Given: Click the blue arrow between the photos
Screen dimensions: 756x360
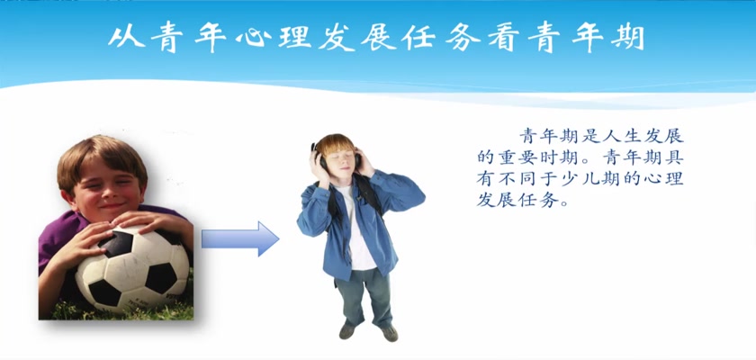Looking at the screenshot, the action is pos(240,238).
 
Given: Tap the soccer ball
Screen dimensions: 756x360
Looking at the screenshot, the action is pos(132,269).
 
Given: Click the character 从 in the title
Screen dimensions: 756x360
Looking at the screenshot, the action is pos(126,37).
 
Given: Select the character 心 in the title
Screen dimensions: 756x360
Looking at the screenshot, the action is pos(252,38).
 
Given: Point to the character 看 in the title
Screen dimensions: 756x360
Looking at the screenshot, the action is pos(504,38).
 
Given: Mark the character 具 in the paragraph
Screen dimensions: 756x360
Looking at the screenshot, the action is pos(674,157).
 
